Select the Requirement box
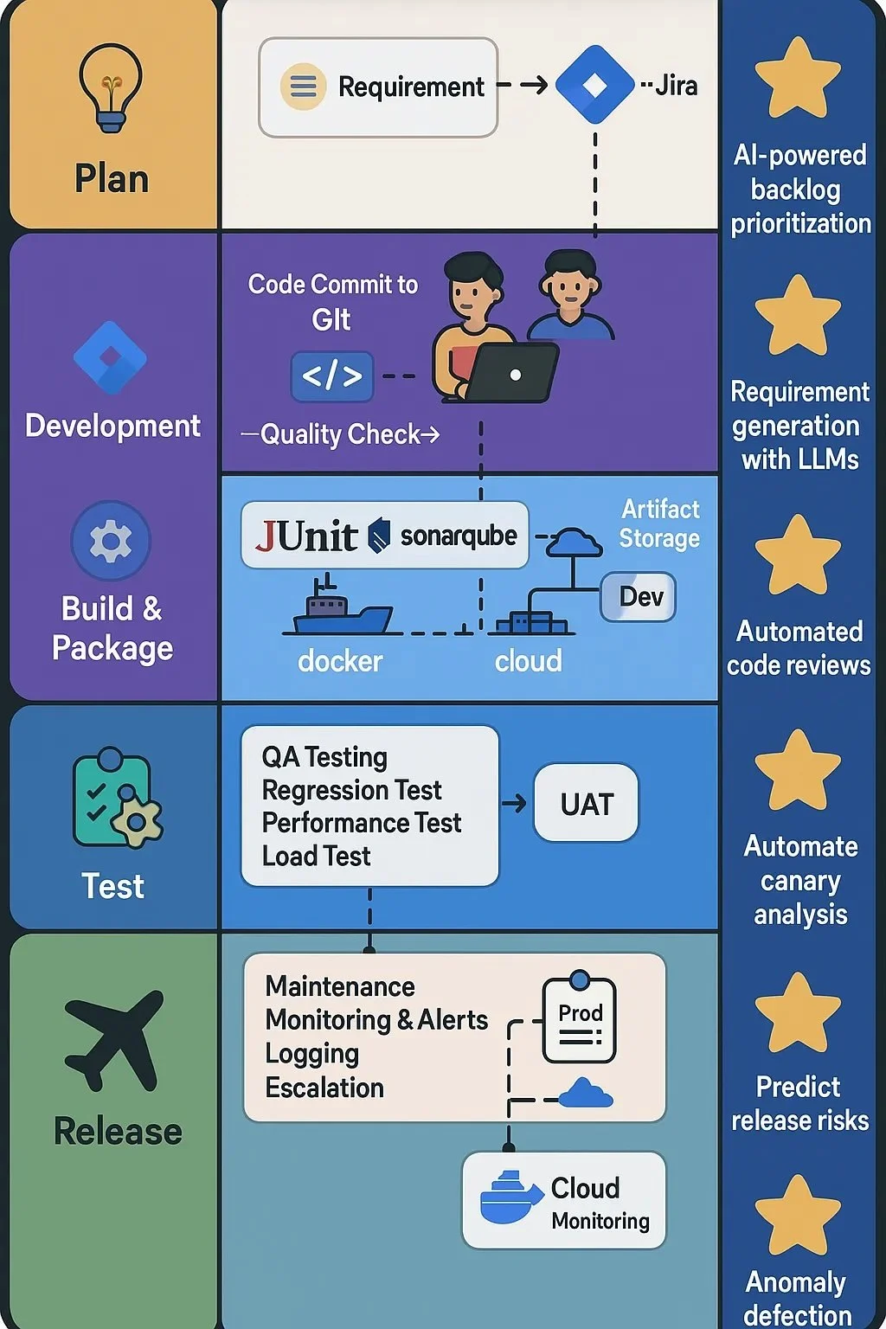[x=378, y=87]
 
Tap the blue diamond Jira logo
[x=594, y=85]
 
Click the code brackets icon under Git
[x=332, y=376]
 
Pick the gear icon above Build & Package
[x=111, y=541]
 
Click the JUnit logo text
[x=306, y=536]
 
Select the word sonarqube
[x=458, y=536]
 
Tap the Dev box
[x=639, y=597]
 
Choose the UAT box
[x=587, y=804]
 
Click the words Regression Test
[x=351, y=790]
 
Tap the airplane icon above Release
[x=114, y=1038]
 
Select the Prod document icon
[x=579, y=1020]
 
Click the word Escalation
[x=324, y=1088]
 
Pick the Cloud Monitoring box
[x=564, y=1200]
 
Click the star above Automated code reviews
[x=798, y=555]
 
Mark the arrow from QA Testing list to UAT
[x=515, y=804]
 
